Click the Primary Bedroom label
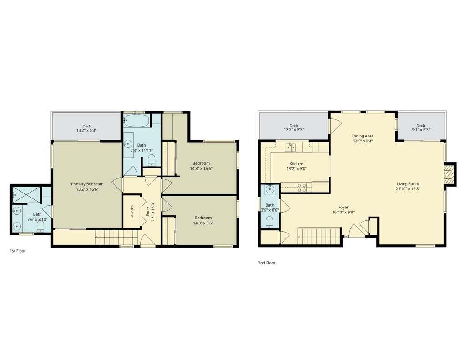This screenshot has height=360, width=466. [x=87, y=184]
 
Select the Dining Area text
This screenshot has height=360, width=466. [x=363, y=136]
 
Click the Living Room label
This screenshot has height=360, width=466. [x=408, y=183]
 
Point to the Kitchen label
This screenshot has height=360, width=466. [x=296, y=164]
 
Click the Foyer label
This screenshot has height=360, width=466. [x=343, y=207]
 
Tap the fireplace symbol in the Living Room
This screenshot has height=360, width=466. [x=450, y=174]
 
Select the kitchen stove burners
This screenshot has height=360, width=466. [x=301, y=187]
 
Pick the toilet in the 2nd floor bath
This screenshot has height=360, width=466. [x=269, y=222]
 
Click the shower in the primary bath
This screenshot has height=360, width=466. [x=25, y=194]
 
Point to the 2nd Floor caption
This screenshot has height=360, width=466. [x=267, y=263]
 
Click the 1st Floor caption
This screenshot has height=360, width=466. [x=18, y=250]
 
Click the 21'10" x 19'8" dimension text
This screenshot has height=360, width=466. [x=408, y=189]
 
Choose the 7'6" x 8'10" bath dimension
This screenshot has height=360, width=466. [x=37, y=219]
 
